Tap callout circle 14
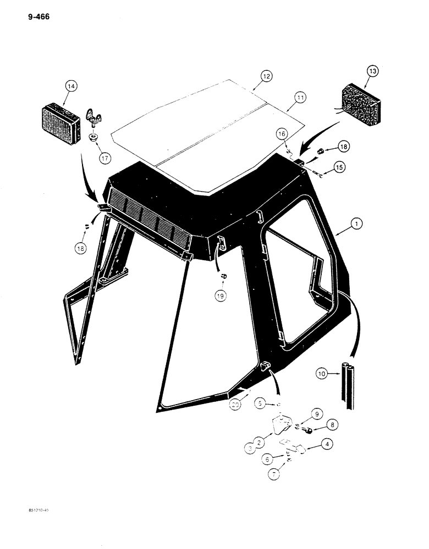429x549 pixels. tap(70, 86)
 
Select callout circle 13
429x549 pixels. tap(372, 71)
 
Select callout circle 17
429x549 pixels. tap(103, 159)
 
